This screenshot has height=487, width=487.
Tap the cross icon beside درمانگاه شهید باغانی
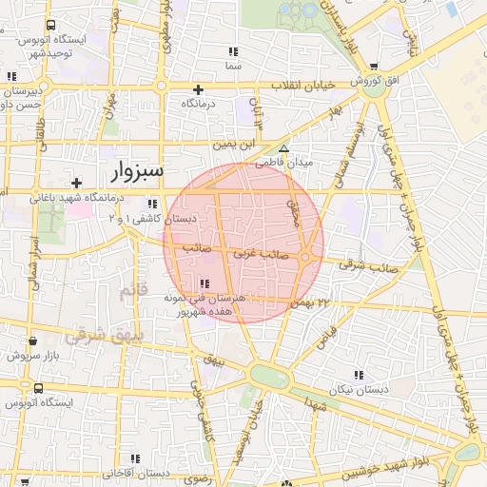(76, 183)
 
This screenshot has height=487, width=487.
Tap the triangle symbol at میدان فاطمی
(283, 148)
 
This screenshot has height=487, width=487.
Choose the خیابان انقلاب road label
(305, 86)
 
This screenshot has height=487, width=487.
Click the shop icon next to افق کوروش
(375, 67)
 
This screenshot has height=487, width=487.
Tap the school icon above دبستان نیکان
(359, 375)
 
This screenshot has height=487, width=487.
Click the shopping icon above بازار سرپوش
(32, 341)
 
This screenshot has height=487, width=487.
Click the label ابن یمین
(235, 145)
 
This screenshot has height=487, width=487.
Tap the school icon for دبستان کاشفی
(150, 203)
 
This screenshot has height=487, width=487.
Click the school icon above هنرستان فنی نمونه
(205, 282)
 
